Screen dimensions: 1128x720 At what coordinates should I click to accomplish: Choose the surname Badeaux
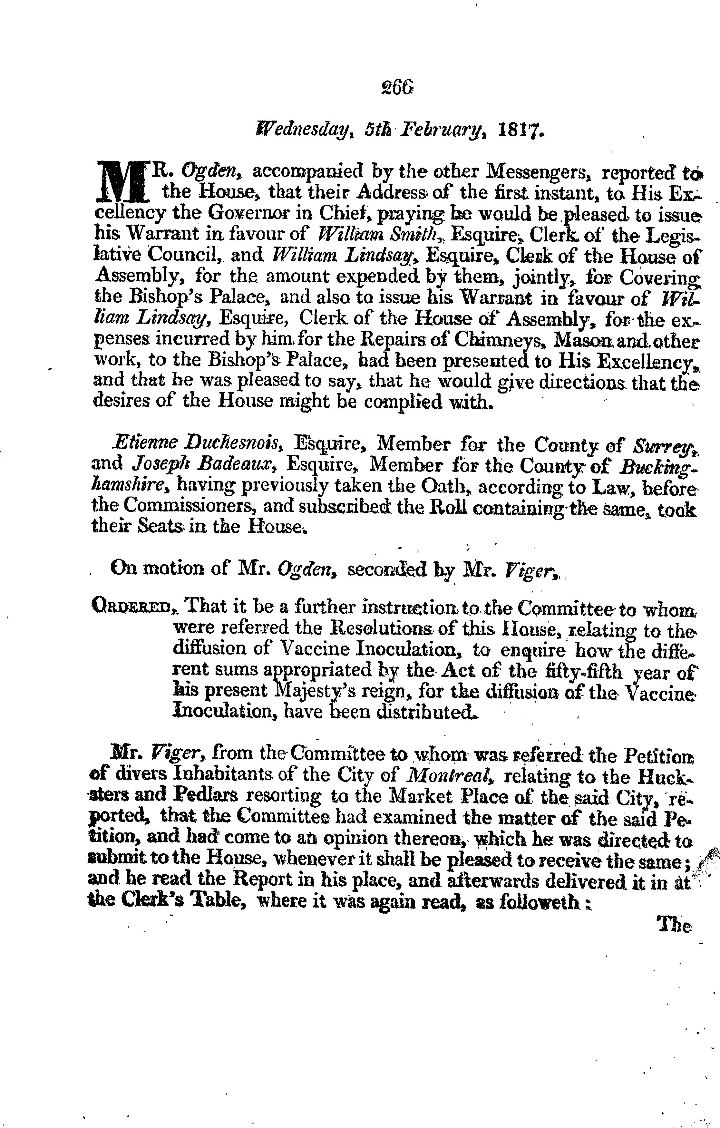tap(243, 464)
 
